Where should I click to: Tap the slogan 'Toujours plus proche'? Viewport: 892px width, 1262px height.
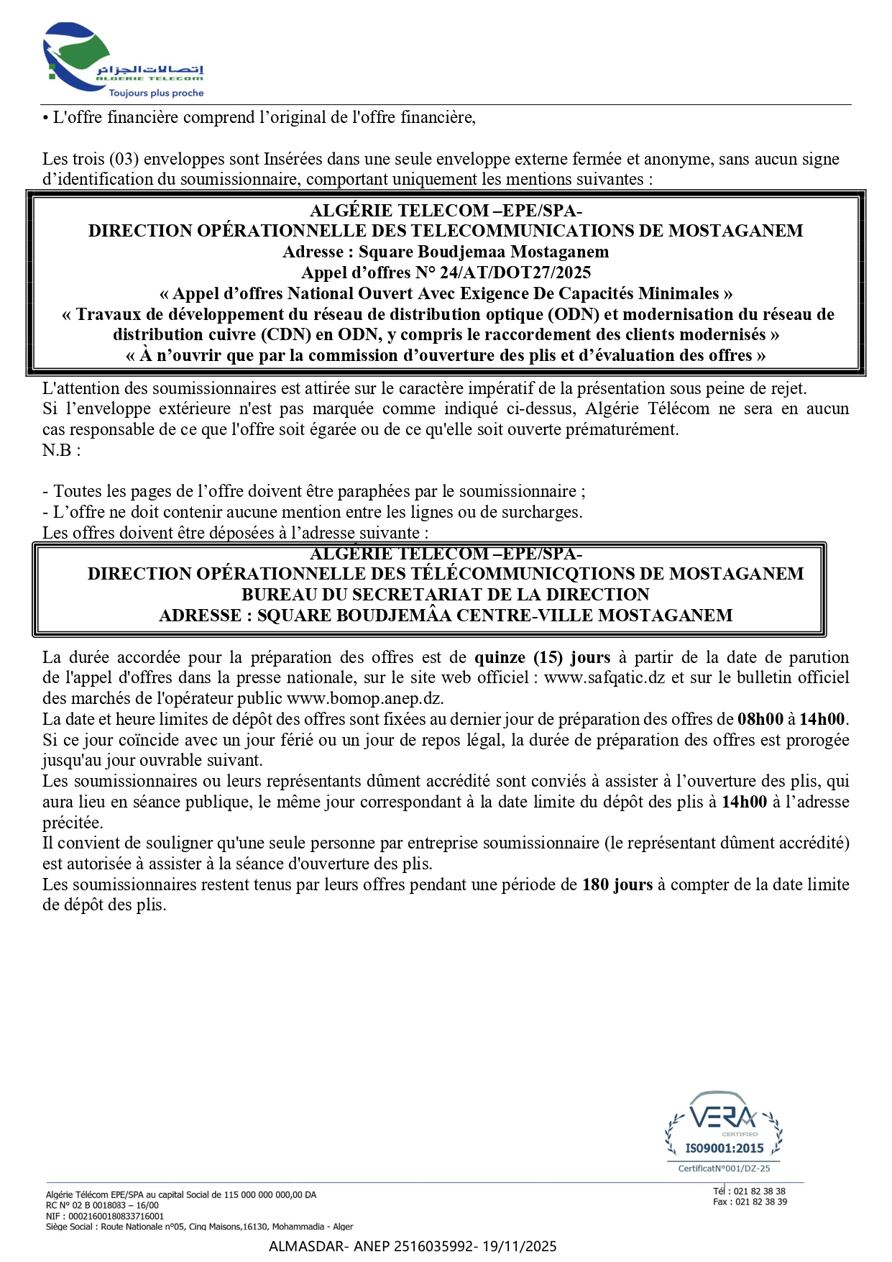(156, 93)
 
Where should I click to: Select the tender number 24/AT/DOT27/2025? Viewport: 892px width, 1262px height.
(515, 273)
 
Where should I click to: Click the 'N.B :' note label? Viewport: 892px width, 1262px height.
(61, 450)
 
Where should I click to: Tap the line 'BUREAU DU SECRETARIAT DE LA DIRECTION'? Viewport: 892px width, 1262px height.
(445, 595)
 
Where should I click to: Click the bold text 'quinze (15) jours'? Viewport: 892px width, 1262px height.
(542, 657)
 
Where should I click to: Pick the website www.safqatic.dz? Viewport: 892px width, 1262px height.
(604, 677)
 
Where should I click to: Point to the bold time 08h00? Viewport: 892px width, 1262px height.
(760, 719)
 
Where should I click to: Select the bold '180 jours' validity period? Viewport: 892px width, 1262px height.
(617, 884)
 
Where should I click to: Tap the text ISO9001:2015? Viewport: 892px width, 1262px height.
(724, 1148)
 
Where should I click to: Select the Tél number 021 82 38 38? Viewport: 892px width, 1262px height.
(759, 1191)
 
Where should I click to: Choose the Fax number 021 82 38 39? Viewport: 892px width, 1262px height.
(760, 1202)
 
